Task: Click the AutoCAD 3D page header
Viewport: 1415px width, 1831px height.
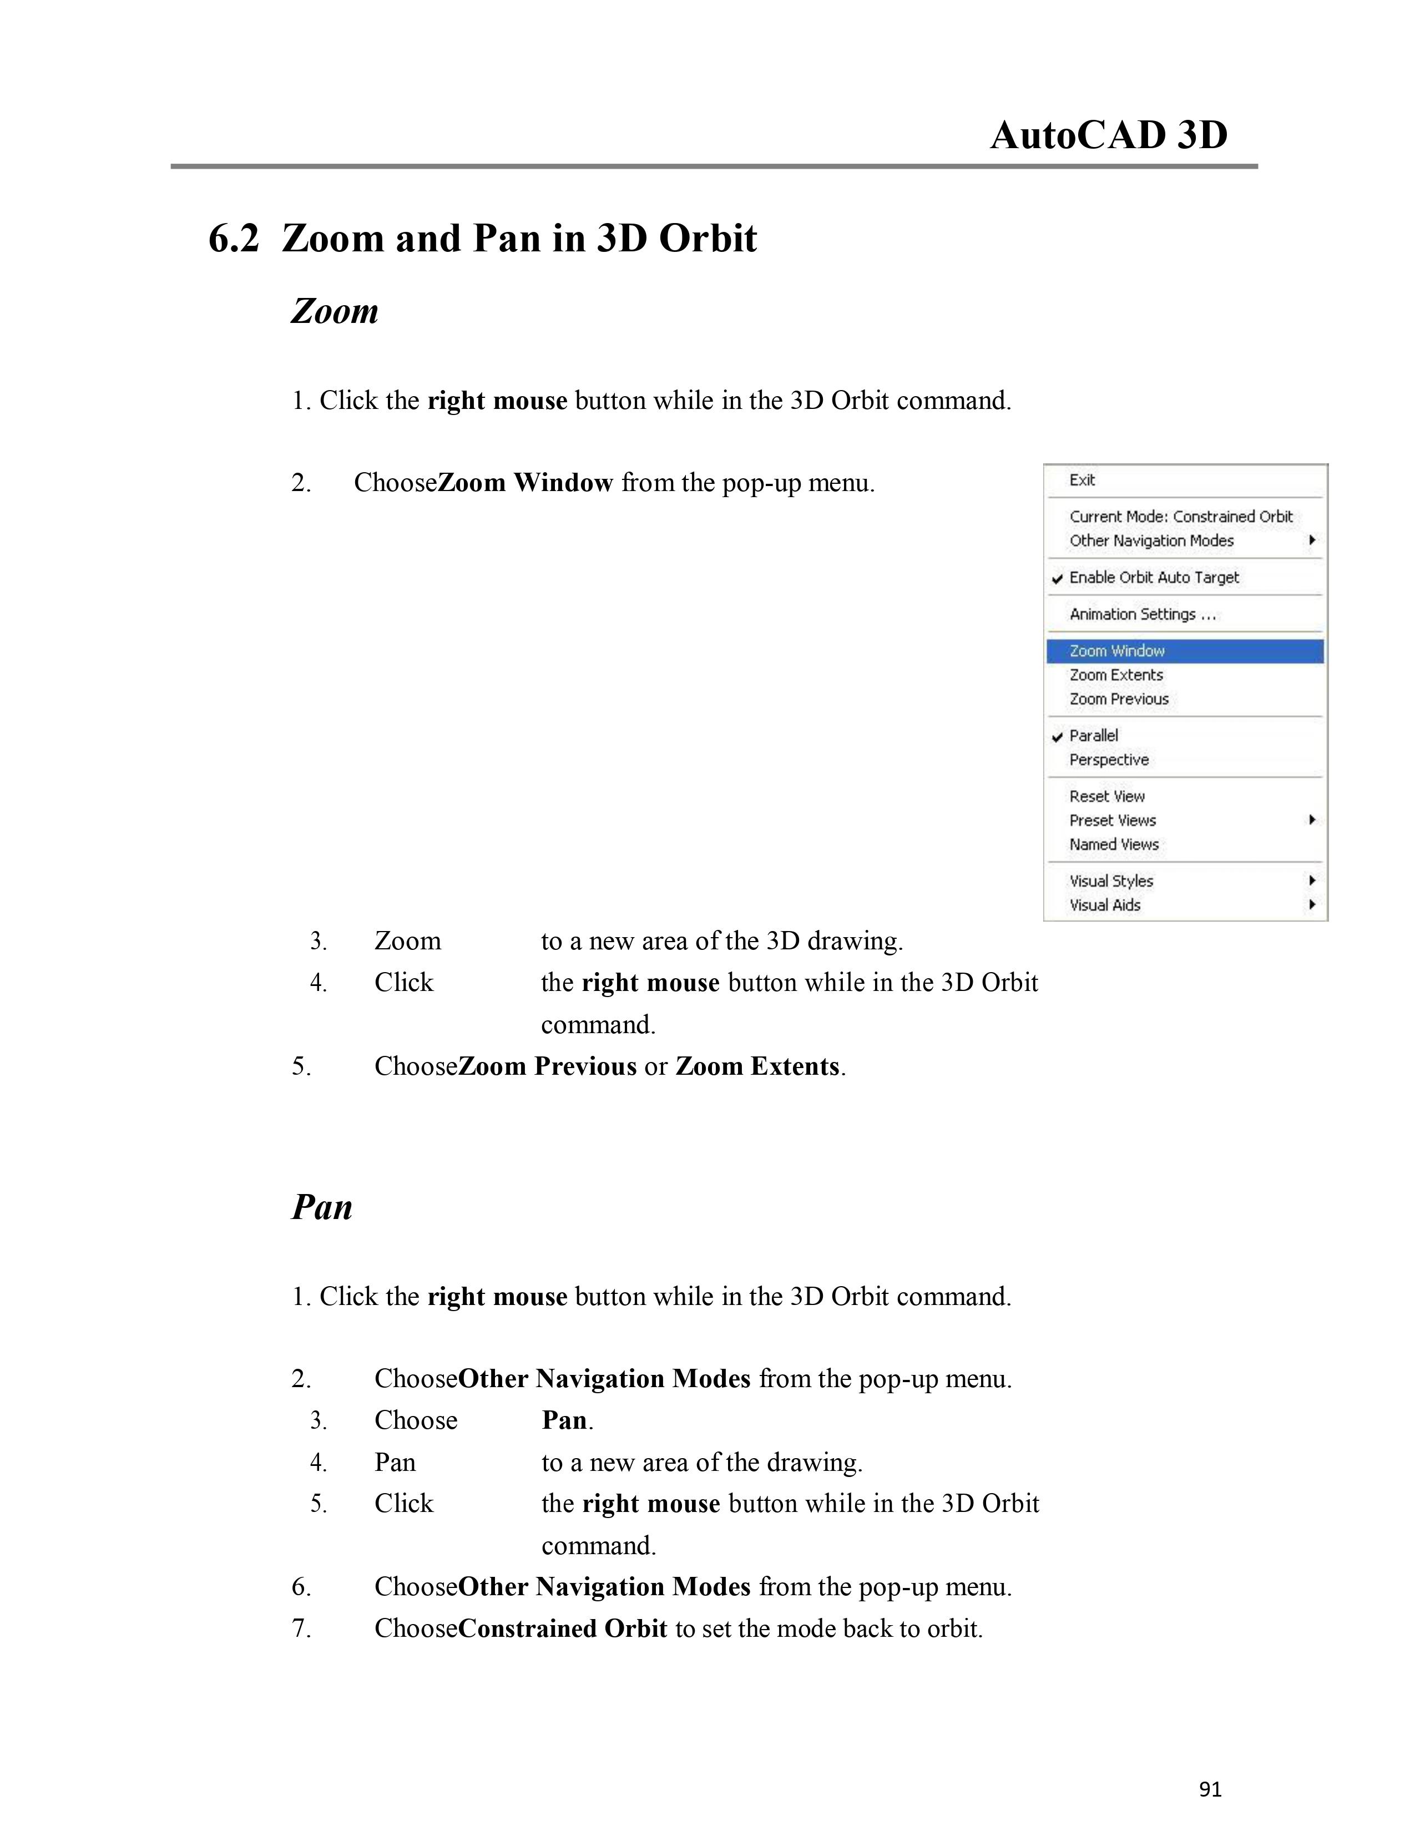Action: (1108, 135)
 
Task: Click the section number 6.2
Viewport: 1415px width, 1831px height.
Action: (234, 239)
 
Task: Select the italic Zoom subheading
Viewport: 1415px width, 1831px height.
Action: (335, 311)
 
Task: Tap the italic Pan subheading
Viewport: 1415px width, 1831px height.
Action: (322, 1207)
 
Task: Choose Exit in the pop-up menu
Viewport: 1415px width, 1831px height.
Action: (1082, 480)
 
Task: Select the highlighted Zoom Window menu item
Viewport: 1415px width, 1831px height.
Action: (1116, 651)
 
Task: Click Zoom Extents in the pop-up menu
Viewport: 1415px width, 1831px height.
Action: (1116, 675)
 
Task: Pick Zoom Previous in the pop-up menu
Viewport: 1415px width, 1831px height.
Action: (1118, 699)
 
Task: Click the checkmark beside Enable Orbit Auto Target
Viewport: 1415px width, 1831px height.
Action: (1058, 579)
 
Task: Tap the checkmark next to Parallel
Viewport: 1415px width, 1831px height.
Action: (1058, 737)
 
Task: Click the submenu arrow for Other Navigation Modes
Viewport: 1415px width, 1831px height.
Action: (1312, 541)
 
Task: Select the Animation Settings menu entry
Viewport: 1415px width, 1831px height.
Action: (1142, 615)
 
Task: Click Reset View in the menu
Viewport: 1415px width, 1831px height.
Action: (1106, 796)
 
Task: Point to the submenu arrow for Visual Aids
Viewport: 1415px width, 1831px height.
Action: (1312, 904)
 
